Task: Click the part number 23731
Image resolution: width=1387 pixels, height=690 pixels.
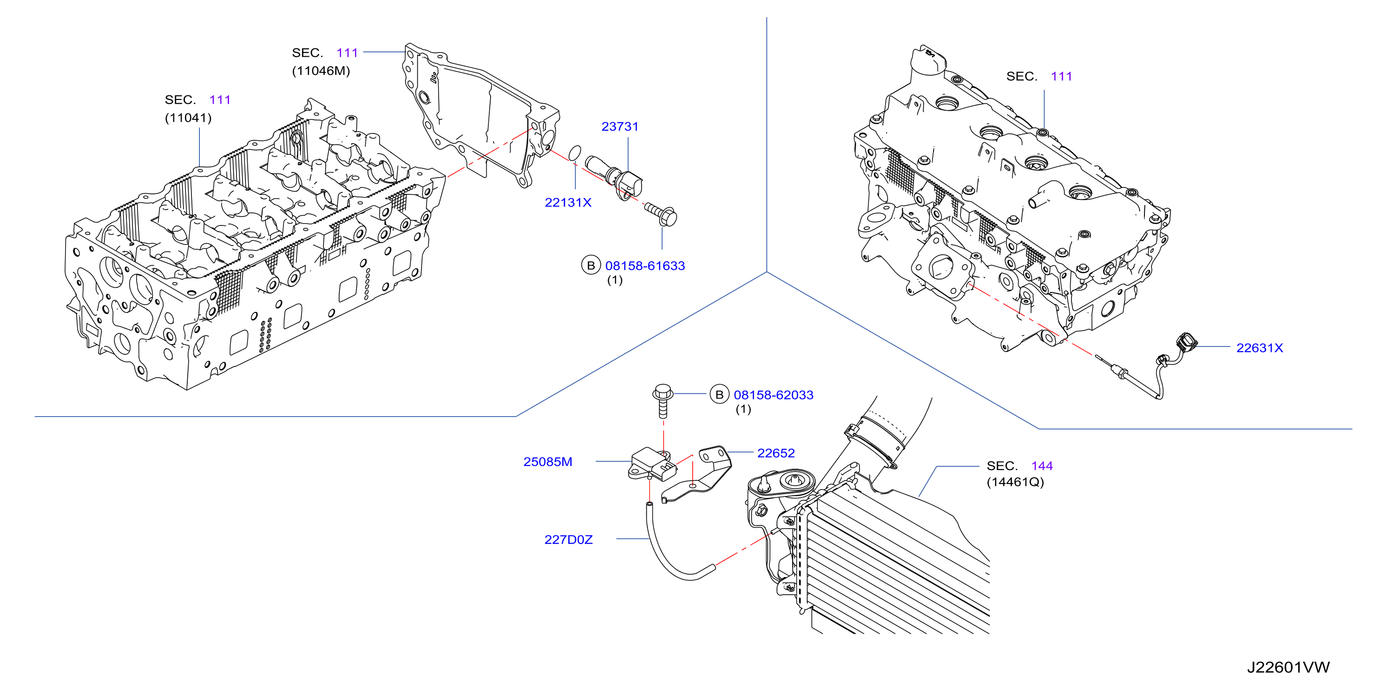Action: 620,126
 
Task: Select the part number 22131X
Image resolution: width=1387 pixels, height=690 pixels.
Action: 568,203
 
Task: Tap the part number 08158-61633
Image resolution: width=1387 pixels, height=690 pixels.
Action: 645,265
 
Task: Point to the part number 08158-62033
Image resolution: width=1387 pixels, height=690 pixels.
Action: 774,395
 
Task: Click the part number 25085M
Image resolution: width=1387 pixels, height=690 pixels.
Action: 547,462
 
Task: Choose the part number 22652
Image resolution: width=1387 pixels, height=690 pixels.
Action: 776,453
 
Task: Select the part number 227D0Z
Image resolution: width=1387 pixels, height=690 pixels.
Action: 569,539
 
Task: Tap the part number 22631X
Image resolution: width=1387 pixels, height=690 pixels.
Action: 1259,348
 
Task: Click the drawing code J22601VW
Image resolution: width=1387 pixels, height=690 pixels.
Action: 1288,667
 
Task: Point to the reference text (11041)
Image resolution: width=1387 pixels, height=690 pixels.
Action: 188,118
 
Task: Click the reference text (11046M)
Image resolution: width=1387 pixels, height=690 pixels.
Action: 321,71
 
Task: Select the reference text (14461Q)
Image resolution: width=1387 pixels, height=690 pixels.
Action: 1015,482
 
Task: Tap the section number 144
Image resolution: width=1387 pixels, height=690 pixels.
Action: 1042,466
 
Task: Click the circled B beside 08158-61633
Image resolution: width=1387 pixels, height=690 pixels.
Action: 591,265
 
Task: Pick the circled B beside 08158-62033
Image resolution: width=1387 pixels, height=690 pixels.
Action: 719,395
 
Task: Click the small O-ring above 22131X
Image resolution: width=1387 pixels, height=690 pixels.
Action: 575,153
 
